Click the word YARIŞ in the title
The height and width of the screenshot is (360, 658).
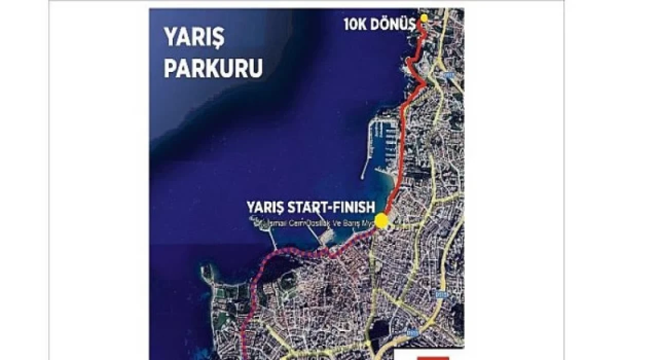[195, 38]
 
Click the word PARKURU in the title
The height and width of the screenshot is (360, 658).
[213, 68]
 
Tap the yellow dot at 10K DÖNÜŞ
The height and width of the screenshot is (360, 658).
[424, 18]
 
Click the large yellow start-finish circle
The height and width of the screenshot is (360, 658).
[381, 221]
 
